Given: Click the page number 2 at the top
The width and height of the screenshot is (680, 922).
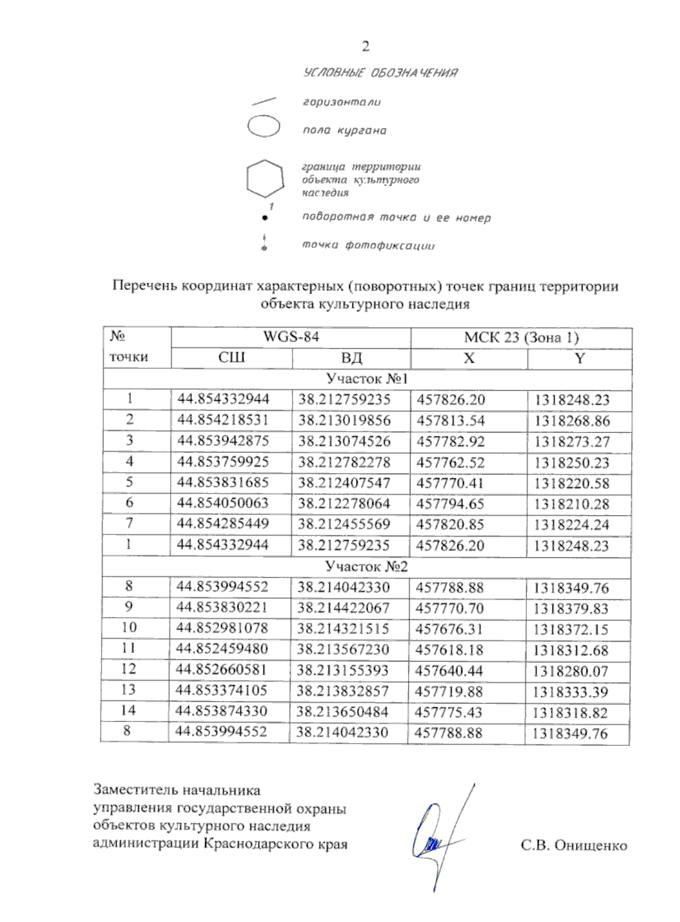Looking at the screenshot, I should (365, 46).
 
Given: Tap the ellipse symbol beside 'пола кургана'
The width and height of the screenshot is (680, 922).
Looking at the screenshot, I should (264, 126).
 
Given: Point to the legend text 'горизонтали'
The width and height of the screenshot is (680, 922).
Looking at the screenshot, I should (341, 103).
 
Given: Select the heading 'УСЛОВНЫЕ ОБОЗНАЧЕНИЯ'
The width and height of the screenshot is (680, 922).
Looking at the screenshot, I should (380, 73).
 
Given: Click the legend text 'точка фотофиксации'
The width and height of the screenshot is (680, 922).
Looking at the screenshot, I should (368, 245).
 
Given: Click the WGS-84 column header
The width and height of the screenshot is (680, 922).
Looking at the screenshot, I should (291, 337).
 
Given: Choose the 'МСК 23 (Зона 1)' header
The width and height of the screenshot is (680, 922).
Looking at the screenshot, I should (521, 338).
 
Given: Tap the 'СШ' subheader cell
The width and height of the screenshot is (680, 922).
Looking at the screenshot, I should (231, 358).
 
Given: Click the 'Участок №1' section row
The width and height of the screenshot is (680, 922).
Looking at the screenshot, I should (367, 379).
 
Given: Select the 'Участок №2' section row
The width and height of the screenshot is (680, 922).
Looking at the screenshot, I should (366, 567).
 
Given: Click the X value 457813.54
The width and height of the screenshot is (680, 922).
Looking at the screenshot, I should (450, 420).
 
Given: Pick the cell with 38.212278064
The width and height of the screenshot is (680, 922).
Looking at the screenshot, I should (344, 504).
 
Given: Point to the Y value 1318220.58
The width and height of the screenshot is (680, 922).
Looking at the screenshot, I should (571, 483).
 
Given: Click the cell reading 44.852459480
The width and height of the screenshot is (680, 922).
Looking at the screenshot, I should (222, 649).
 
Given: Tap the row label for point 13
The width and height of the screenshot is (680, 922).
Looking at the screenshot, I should (129, 690).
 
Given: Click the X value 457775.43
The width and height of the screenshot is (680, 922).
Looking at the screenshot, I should (448, 712).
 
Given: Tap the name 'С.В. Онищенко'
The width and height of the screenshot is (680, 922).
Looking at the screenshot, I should (573, 845).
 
